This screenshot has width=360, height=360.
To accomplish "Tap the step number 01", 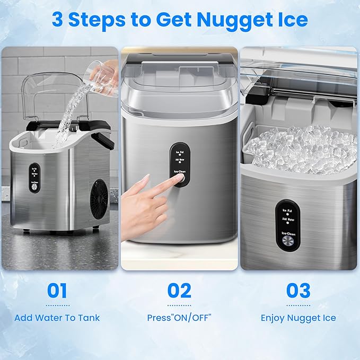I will (x=57, y=291).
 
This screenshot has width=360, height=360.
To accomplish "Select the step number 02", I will (x=179, y=291).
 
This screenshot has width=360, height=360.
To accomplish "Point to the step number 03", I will (x=298, y=291).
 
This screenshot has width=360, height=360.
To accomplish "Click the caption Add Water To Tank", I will (x=57, y=318).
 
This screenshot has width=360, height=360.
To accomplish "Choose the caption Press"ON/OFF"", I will (x=179, y=318).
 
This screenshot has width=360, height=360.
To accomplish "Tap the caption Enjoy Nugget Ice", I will (x=298, y=318).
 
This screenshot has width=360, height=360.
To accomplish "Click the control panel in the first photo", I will (x=35, y=178).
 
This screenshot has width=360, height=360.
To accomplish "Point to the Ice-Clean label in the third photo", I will (x=287, y=231).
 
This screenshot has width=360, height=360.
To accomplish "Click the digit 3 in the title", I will (x=58, y=20).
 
